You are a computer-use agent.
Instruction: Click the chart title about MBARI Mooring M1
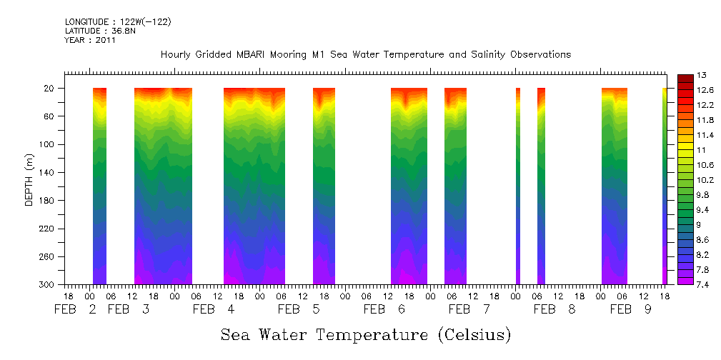[x=366, y=55]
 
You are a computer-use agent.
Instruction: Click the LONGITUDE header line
[x=118, y=22]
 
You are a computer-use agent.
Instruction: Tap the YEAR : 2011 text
[x=90, y=41]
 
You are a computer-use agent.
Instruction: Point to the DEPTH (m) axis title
[x=29, y=183]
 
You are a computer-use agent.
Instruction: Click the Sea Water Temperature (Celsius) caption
[x=366, y=334]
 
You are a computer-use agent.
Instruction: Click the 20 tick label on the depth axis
[x=51, y=89]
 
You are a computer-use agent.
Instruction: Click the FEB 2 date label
[x=75, y=310]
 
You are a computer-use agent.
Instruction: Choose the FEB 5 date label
[x=299, y=310]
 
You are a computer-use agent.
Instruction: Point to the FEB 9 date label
[x=631, y=310]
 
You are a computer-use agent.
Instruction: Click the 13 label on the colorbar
[x=701, y=75]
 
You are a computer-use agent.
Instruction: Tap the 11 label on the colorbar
[x=701, y=150]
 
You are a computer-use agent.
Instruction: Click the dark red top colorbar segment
[x=684, y=78]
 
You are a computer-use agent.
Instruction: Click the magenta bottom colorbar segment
[x=684, y=281]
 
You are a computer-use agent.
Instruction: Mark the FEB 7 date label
[x=469, y=310]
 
